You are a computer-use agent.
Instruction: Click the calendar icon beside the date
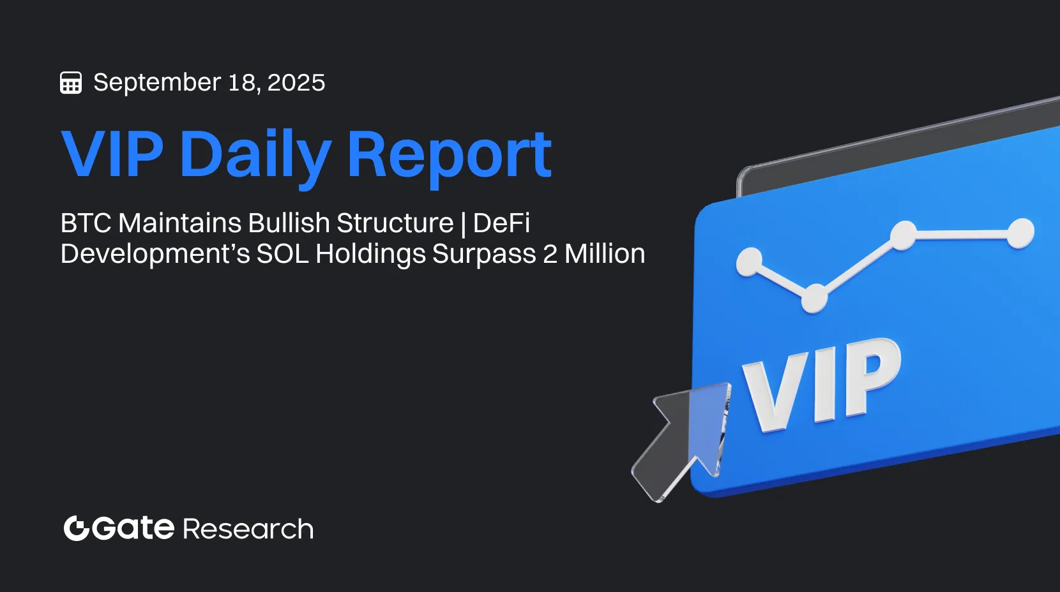tap(71, 83)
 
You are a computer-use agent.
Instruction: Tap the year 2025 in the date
tap(296, 83)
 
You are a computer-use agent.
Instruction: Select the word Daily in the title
tap(255, 155)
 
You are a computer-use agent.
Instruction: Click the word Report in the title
tap(449, 155)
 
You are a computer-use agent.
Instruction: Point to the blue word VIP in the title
tap(112, 155)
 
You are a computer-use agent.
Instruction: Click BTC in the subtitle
tap(86, 223)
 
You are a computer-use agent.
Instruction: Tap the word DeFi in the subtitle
tap(501, 223)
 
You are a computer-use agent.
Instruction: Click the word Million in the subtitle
tap(605, 254)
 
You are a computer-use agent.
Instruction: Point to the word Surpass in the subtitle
tap(484, 254)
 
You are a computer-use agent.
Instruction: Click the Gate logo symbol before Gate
tap(76, 528)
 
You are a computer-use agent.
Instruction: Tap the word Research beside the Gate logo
tap(248, 529)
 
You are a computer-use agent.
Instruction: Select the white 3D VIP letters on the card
tap(821, 386)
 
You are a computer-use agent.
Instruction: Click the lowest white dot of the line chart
tap(814, 298)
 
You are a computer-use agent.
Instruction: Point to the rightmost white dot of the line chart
tap(1020, 233)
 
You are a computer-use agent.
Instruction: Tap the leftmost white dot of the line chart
tap(749, 262)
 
